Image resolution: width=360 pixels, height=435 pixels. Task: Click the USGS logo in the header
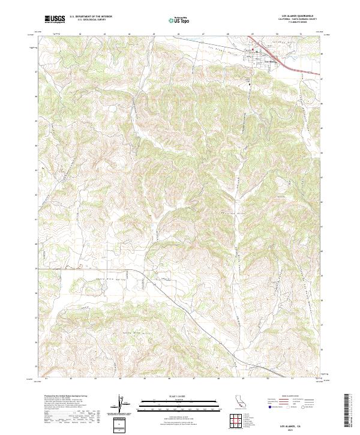coord(55,19)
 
